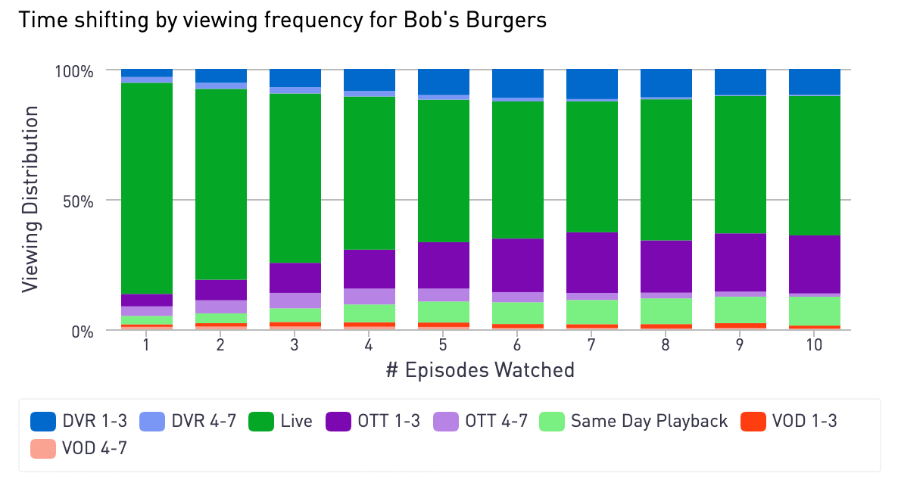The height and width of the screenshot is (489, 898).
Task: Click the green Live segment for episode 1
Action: click(x=147, y=188)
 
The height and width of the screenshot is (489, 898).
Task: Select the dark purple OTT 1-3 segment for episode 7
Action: click(x=592, y=262)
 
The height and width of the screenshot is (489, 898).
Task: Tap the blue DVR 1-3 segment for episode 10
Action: click(x=815, y=82)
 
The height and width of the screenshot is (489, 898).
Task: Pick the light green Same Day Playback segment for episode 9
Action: click(x=741, y=309)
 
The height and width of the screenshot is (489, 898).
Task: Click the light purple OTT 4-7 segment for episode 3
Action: click(x=295, y=300)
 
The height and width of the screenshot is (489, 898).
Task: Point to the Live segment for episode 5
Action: click(x=444, y=170)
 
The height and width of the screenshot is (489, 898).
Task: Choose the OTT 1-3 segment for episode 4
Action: click(x=369, y=269)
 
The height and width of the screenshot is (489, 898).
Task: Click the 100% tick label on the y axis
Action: click(x=73, y=71)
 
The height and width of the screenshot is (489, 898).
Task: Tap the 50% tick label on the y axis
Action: click(x=78, y=201)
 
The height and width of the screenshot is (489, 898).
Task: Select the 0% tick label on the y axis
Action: click(x=83, y=332)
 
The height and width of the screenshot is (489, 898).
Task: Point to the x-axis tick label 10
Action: click(x=815, y=345)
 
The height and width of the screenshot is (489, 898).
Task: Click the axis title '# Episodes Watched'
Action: click(x=480, y=370)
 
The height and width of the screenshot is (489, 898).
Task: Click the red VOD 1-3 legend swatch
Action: click(x=753, y=422)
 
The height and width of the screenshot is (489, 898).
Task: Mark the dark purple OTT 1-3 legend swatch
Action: click(x=338, y=422)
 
